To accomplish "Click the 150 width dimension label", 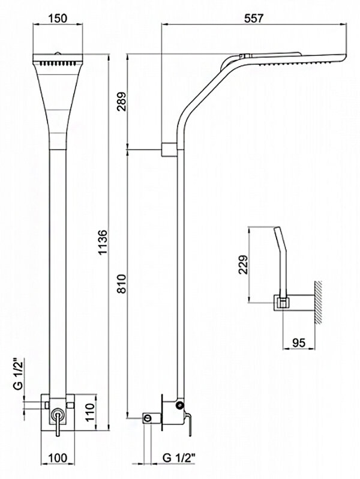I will pos(58,19).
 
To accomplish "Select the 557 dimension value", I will pos(254,19).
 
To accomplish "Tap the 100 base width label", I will pos(58,458).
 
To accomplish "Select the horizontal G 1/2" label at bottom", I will pos(178,458).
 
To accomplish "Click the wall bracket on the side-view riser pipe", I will pos(170,148).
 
